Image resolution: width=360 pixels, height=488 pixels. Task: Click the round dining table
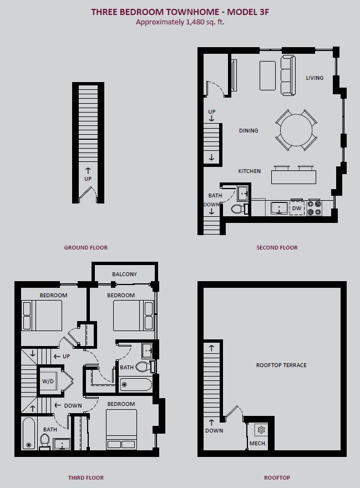point(296,130)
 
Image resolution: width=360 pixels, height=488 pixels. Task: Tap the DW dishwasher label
point(297,208)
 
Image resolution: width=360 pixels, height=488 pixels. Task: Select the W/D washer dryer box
point(48,382)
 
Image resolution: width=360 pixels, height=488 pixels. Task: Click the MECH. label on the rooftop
point(258,443)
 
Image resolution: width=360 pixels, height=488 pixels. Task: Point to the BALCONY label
point(125,274)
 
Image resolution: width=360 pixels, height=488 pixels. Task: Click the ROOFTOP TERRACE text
point(281,365)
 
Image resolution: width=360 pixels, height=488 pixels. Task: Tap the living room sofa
point(288,75)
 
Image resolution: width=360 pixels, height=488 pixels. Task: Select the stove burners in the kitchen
point(314,208)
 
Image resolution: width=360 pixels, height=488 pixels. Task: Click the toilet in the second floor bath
point(238,209)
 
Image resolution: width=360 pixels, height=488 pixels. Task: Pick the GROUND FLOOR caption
point(85,247)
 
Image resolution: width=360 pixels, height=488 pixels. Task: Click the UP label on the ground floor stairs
point(88,179)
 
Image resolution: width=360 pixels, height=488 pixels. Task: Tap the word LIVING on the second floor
point(315,78)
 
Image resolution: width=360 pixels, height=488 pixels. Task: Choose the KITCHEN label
point(250,171)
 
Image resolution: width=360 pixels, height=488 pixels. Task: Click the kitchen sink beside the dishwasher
point(280,208)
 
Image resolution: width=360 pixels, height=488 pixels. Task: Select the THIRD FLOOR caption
point(86,477)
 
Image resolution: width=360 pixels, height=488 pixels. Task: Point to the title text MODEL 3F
point(248,12)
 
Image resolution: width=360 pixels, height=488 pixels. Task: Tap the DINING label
point(249,131)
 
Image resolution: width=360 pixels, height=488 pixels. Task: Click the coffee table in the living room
point(267,75)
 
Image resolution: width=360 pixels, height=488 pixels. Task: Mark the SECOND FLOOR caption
point(277,247)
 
